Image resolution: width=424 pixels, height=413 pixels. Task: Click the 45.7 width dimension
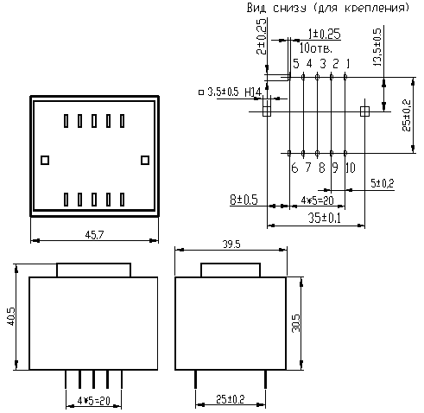pos(94,235)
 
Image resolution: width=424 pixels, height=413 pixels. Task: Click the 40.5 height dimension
pos(11,316)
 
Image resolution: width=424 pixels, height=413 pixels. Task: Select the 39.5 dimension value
pos(231,245)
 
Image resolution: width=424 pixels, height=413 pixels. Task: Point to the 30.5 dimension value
pos(295,323)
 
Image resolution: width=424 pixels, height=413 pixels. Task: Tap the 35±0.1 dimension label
pos(325,218)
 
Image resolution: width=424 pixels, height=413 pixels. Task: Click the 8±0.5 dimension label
pos(244,200)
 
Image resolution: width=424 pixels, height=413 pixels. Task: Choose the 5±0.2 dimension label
pos(383,183)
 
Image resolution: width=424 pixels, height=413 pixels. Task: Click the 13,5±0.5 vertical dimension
pos(377,48)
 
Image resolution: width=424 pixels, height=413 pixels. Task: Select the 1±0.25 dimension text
pos(324,34)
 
